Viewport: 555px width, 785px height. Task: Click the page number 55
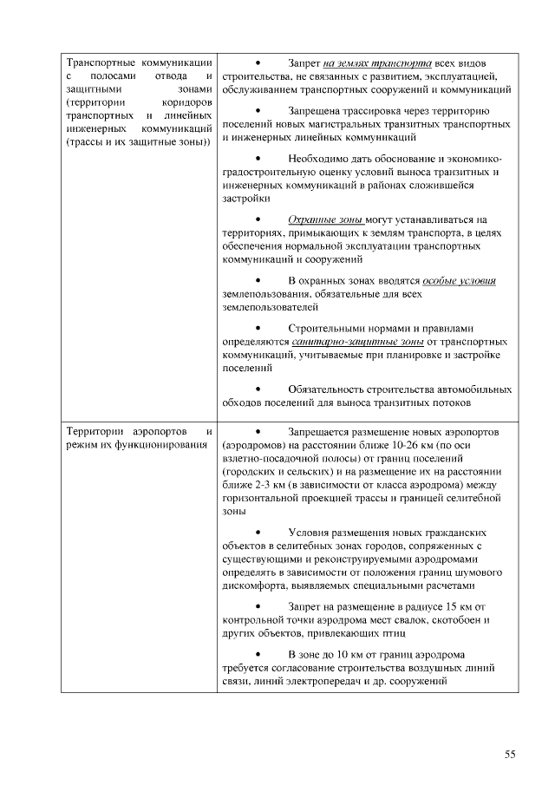(510, 754)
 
